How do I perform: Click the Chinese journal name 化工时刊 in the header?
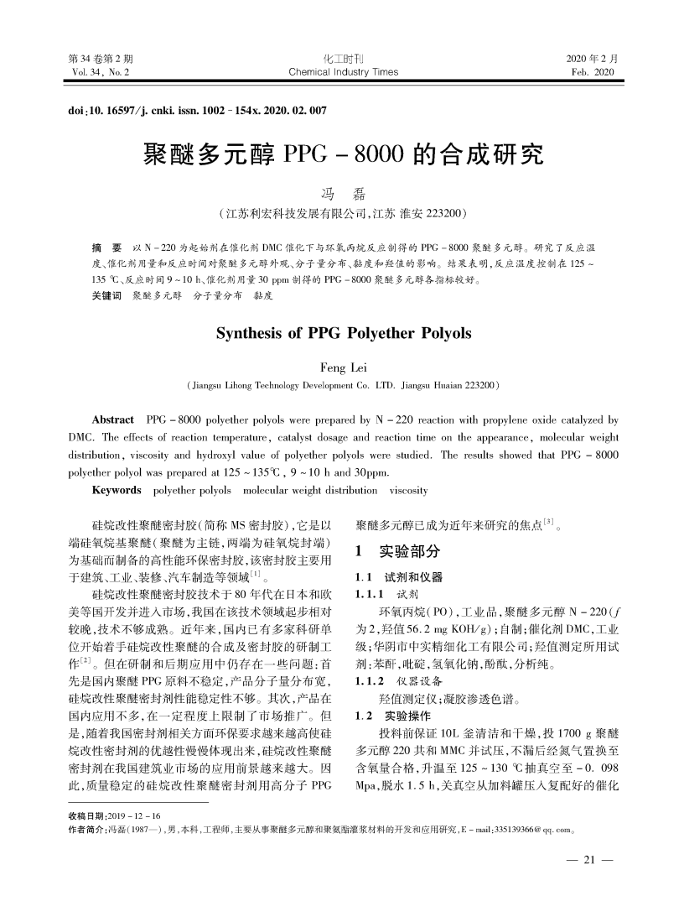click(x=343, y=60)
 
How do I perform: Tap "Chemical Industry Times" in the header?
click(x=343, y=73)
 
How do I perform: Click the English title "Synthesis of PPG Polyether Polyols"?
click(x=344, y=334)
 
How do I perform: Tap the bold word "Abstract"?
click(x=113, y=419)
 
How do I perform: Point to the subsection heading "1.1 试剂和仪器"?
click(x=400, y=578)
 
